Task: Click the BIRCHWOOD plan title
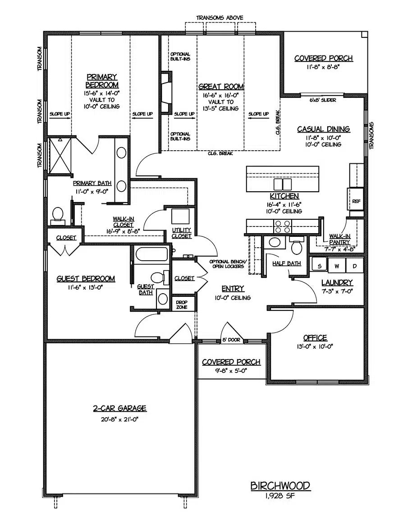(x=280, y=486)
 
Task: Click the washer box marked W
(x=336, y=266)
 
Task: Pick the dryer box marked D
(x=354, y=266)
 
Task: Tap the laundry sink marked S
(x=319, y=266)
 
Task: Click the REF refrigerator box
(x=356, y=201)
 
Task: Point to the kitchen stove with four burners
(x=283, y=226)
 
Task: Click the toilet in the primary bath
(x=58, y=215)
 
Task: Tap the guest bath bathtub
(x=151, y=254)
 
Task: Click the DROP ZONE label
(x=182, y=305)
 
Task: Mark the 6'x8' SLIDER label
(x=322, y=100)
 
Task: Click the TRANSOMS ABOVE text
(x=220, y=18)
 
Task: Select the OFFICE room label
(x=315, y=338)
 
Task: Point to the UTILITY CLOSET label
(x=182, y=233)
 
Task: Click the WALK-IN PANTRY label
(x=340, y=239)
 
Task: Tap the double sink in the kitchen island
(x=283, y=184)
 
